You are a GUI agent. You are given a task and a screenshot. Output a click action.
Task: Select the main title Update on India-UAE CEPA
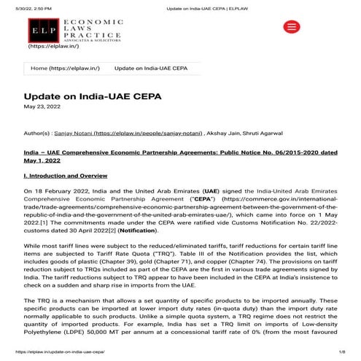[x=92, y=97]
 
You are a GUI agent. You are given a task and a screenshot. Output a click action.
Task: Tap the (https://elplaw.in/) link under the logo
[x=54, y=47]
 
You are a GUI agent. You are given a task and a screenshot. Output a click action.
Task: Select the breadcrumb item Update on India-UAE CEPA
[x=151, y=68]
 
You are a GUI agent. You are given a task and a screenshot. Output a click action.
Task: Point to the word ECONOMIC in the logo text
[x=82, y=23]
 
